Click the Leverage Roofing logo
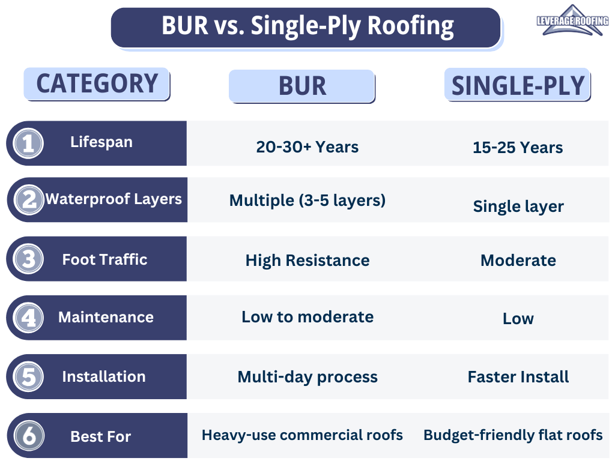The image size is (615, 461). coord(572,20)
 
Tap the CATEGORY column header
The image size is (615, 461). coord(97,84)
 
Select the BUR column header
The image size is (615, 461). coord(302,86)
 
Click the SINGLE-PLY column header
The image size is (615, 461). coord(518,85)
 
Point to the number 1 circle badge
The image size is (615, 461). coord(28,143)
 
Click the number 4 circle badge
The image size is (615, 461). coord(28,318)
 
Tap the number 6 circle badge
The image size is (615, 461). coord(29,436)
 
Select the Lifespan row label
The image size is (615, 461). coord(101,142)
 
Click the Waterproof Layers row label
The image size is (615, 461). coord(114,199)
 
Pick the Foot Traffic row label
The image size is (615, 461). coord(105,259)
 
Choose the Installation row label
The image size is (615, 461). coord(104,376)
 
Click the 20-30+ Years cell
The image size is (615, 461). coord(307,147)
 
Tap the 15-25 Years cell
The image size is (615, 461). coord(518,148)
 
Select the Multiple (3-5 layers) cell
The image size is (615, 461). coord(307,200)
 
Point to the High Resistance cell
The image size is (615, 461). coord(307,261)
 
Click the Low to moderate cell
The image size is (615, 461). coord(307,317)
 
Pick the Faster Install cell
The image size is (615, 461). coord(518,377)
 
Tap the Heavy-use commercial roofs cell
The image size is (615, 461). coord(303,435)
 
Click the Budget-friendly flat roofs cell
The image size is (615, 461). coord(513,435)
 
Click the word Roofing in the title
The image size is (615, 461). coord(411,26)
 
